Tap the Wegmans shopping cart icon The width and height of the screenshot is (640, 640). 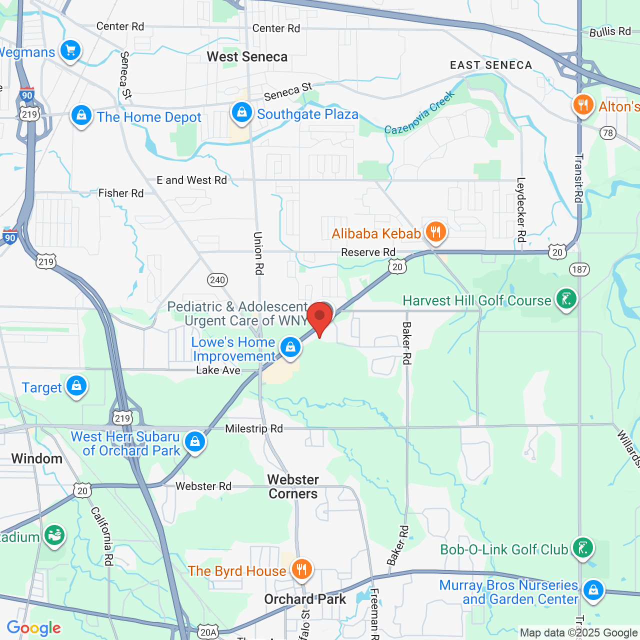(x=70, y=50)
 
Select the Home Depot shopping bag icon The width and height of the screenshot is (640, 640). (x=81, y=115)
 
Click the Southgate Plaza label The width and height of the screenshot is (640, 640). (x=307, y=114)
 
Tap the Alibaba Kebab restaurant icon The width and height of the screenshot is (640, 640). (x=435, y=232)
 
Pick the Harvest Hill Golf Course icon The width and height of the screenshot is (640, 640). (x=566, y=299)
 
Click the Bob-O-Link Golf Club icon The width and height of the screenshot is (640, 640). (x=582, y=548)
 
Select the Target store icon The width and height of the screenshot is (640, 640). (x=76, y=386)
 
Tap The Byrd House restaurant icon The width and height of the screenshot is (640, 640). (x=301, y=569)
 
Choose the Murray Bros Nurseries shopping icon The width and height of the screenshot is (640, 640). (x=593, y=590)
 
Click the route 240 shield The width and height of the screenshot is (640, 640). (x=217, y=280)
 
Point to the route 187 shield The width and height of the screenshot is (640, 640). (x=579, y=269)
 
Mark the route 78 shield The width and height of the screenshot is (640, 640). (x=608, y=132)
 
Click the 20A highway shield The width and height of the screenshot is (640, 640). (x=208, y=632)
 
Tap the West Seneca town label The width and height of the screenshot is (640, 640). (x=247, y=57)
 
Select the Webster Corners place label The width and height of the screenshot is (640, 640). (x=293, y=486)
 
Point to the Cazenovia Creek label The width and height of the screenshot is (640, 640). (x=419, y=113)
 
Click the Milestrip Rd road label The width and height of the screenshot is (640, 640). (x=253, y=428)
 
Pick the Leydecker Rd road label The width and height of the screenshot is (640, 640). (x=521, y=209)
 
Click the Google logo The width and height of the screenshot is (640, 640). (x=33, y=628)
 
